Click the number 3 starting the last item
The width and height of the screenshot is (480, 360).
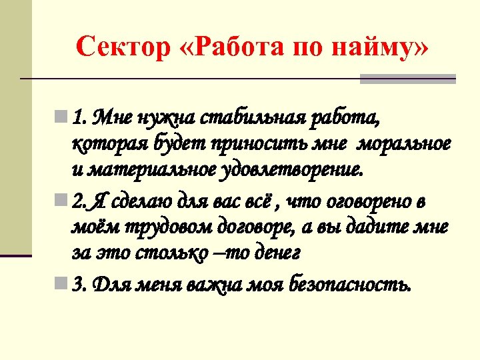79,285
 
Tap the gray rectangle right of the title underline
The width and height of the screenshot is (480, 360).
407,79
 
